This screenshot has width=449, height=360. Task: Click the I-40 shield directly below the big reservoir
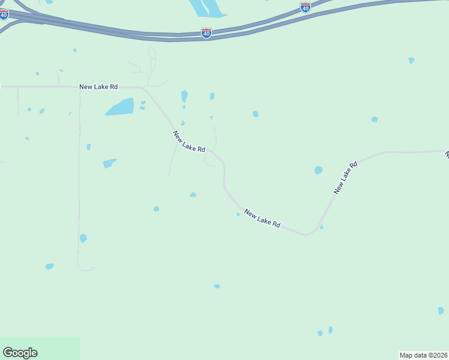(x=206, y=33)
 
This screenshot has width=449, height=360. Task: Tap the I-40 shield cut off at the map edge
(x=4, y=14)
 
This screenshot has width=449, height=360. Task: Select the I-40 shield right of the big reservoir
(x=306, y=7)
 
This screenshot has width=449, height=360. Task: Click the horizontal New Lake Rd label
(x=98, y=87)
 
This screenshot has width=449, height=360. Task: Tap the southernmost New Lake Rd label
(x=262, y=219)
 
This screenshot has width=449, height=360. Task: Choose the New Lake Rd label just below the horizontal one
(x=189, y=142)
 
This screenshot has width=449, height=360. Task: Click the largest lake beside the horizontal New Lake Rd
(x=120, y=107)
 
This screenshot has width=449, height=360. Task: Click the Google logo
(x=20, y=353)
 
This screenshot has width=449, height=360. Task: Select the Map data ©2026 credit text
(x=424, y=355)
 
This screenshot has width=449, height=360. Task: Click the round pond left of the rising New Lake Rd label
(x=318, y=170)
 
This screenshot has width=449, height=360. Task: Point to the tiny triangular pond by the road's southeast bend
(x=322, y=227)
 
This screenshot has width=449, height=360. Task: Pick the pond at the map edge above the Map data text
(x=441, y=311)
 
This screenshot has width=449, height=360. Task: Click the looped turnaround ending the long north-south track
(x=87, y=268)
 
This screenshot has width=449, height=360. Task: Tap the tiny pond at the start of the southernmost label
(x=238, y=214)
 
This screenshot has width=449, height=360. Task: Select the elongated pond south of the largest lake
(x=109, y=163)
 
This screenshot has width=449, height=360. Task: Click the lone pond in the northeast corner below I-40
(x=411, y=61)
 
